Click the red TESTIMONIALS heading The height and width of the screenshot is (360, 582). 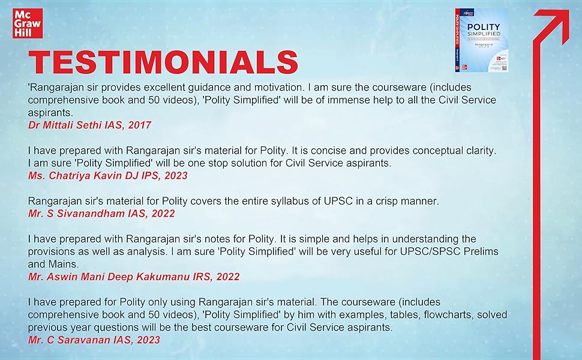163,62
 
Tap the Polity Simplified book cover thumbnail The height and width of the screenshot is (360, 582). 481,41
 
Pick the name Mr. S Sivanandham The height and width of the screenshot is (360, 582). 74,213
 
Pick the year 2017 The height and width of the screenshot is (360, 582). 138,125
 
